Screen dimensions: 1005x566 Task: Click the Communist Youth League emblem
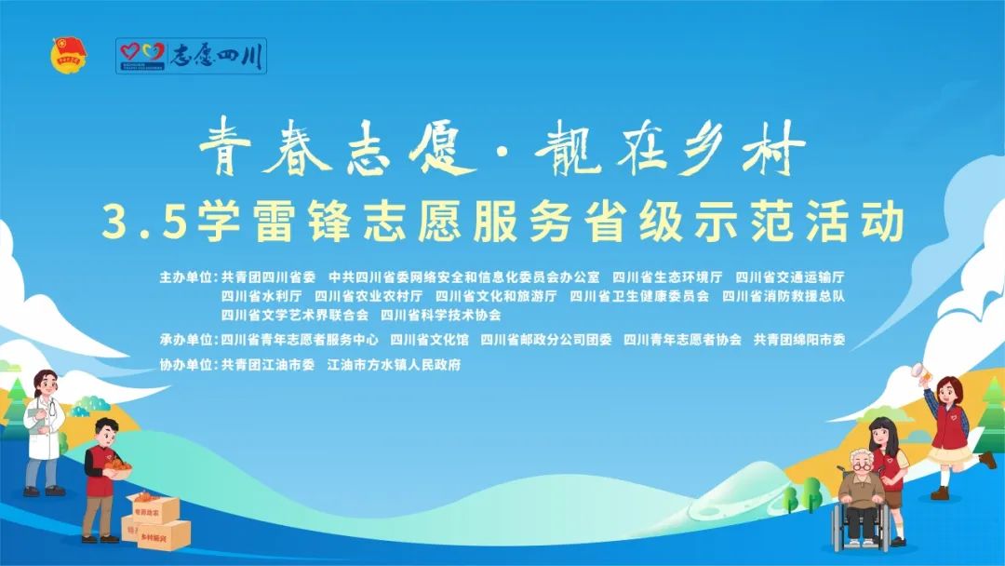[x=69, y=55]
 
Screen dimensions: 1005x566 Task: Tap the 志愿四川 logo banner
[x=191, y=56]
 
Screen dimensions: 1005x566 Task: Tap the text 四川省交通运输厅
[x=790, y=277]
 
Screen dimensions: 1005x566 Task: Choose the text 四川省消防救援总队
[x=784, y=296]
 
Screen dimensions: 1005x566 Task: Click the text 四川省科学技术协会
[x=441, y=316]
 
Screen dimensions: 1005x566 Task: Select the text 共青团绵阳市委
[x=799, y=340]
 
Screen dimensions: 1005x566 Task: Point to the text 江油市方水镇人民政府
[x=395, y=365]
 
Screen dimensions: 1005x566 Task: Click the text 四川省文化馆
[x=429, y=340]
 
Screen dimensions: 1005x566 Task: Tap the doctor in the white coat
[x=44, y=433]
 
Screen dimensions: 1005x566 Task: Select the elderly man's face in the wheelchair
[x=860, y=463]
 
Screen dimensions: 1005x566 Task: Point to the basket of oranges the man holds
[x=118, y=468]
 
